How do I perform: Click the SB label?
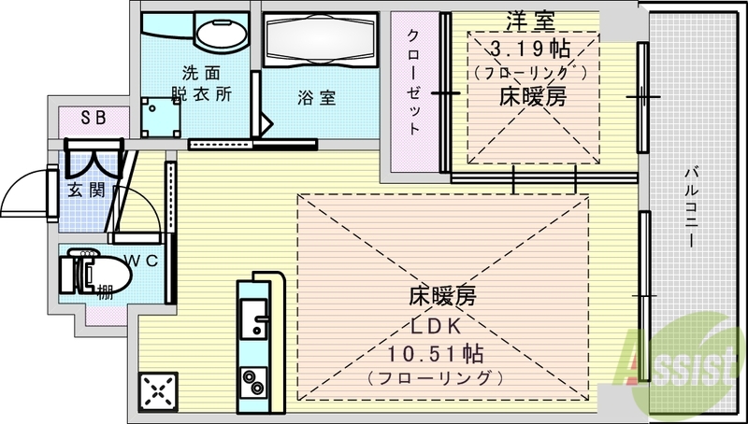(93, 117)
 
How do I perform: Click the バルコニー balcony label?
(691, 205)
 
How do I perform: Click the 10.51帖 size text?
(437, 355)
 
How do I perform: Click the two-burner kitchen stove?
(254, 383)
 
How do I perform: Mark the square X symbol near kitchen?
(157, 391)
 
